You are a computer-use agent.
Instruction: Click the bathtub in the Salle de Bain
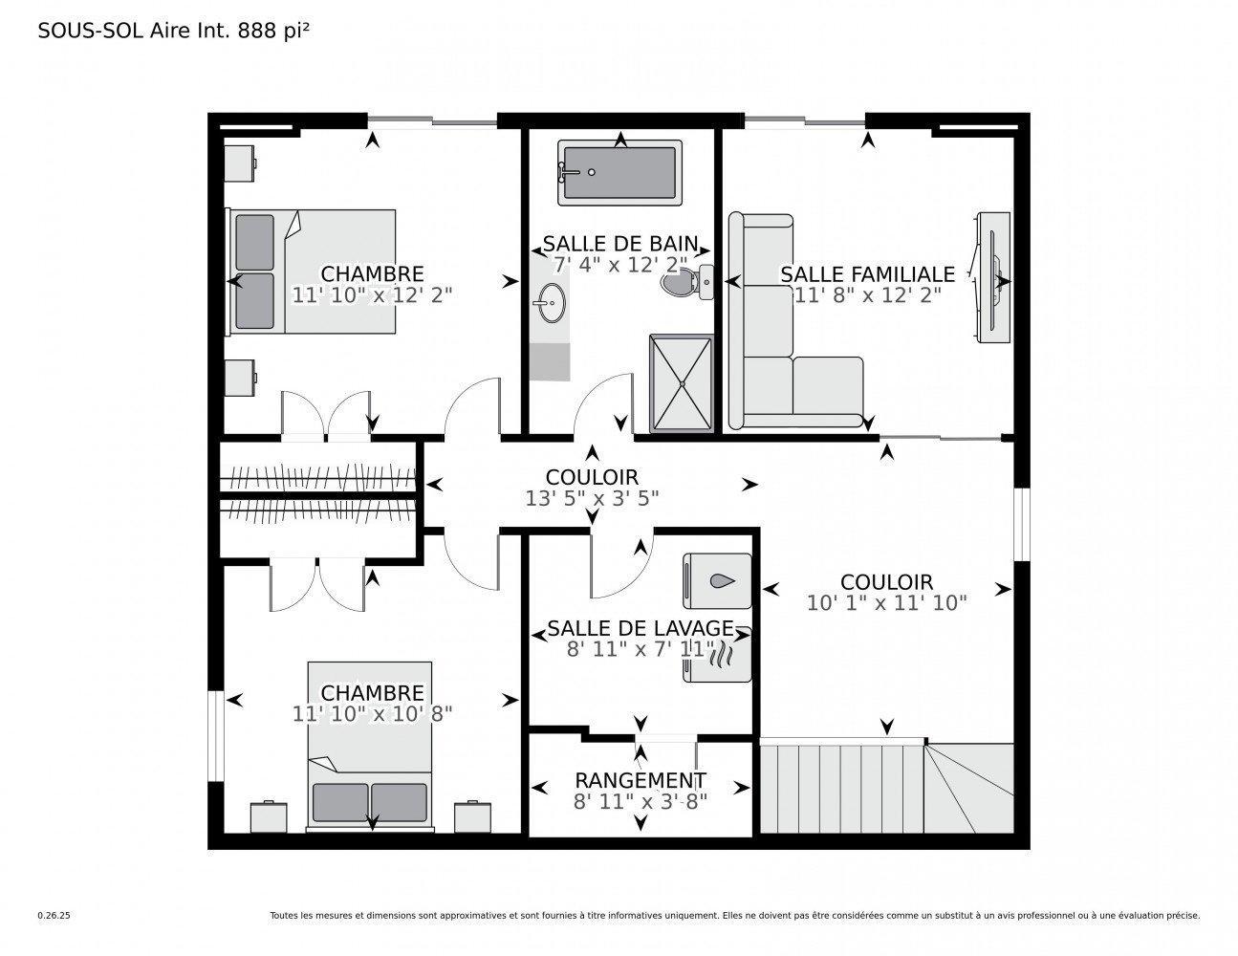[x=620, y=173]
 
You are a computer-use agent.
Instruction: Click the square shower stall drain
[x=682, y=383]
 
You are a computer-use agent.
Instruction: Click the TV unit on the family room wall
[x=991, y=277]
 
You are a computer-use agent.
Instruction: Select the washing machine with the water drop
[x=718, y=580]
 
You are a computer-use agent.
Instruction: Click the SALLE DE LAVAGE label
[x=640, y=629]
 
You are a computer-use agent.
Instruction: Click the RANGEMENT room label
[x=640, y=780]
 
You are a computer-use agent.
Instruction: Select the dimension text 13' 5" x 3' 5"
[x=592, y=498]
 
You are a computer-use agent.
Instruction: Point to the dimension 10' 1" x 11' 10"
[x=886, y=602]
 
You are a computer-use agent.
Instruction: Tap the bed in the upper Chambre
[x=312, y=272]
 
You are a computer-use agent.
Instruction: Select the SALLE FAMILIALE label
[x=867, y=274]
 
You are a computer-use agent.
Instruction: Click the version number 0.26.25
[x=54, y=915]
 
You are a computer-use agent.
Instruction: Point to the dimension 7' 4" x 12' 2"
[x=620, y=265]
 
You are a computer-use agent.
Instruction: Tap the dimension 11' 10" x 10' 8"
[x=372, y=713]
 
